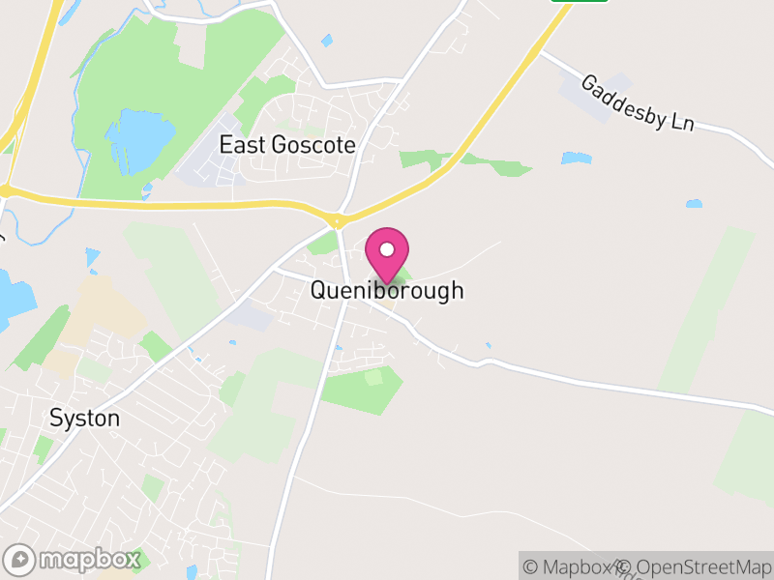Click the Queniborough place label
[387, 290]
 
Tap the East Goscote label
[287, 145]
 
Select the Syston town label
[85, 419]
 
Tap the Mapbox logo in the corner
[73, 559]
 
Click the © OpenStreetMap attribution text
[695, 566]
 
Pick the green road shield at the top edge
[580, 1]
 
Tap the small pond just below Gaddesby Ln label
[576, 158]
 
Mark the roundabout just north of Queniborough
[337, 221]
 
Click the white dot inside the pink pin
[387, 248]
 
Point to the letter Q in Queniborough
[319, 290]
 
